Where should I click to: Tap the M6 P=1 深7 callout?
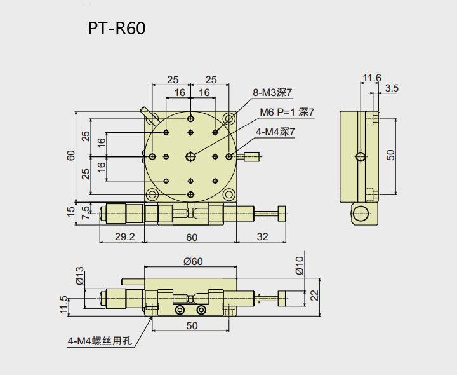[287, 112]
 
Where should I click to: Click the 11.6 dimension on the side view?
[371, 78]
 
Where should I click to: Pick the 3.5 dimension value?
[391, 88]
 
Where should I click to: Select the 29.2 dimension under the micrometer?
[123, 237]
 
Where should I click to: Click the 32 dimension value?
[262, 237]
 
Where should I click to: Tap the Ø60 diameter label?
[191, 261]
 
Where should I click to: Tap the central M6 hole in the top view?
[191, 156]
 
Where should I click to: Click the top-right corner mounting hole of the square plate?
[230, 118]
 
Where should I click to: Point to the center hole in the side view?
[361, 156]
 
